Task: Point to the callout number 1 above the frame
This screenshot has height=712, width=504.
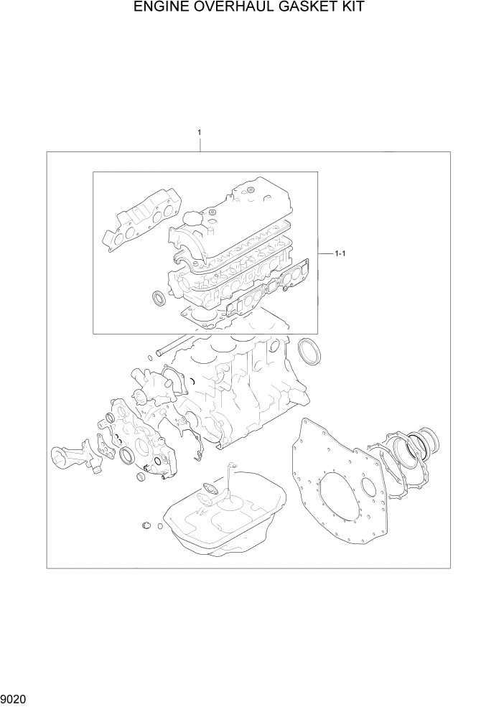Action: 199,133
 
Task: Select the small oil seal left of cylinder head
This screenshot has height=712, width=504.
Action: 159,297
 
